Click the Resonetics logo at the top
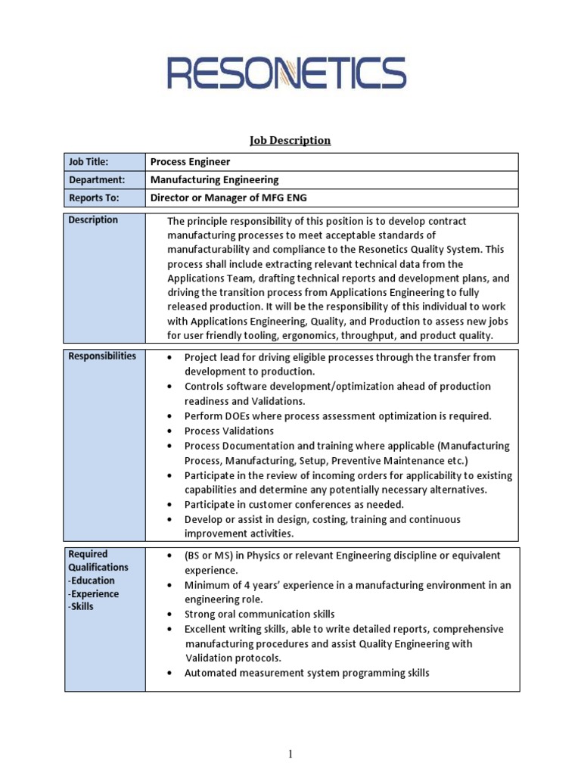click(x=286, y=73)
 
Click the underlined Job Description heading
click(x=290, y=140)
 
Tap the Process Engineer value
click(x=190, y=162)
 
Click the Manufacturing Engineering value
click(x=214, y=180)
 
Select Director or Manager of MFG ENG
click(x=228, y=198)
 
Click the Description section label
click(x=93, y=220)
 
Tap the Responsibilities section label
click(x=102, y=356)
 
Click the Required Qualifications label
click(x=98, y=561)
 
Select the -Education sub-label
click(x=92, y=580)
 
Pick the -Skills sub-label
click(x=81, y=606)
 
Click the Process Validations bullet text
click(x=229, y=431)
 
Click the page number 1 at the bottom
click(x=290, y=754)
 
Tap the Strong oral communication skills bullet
click(x=259, y=614)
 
